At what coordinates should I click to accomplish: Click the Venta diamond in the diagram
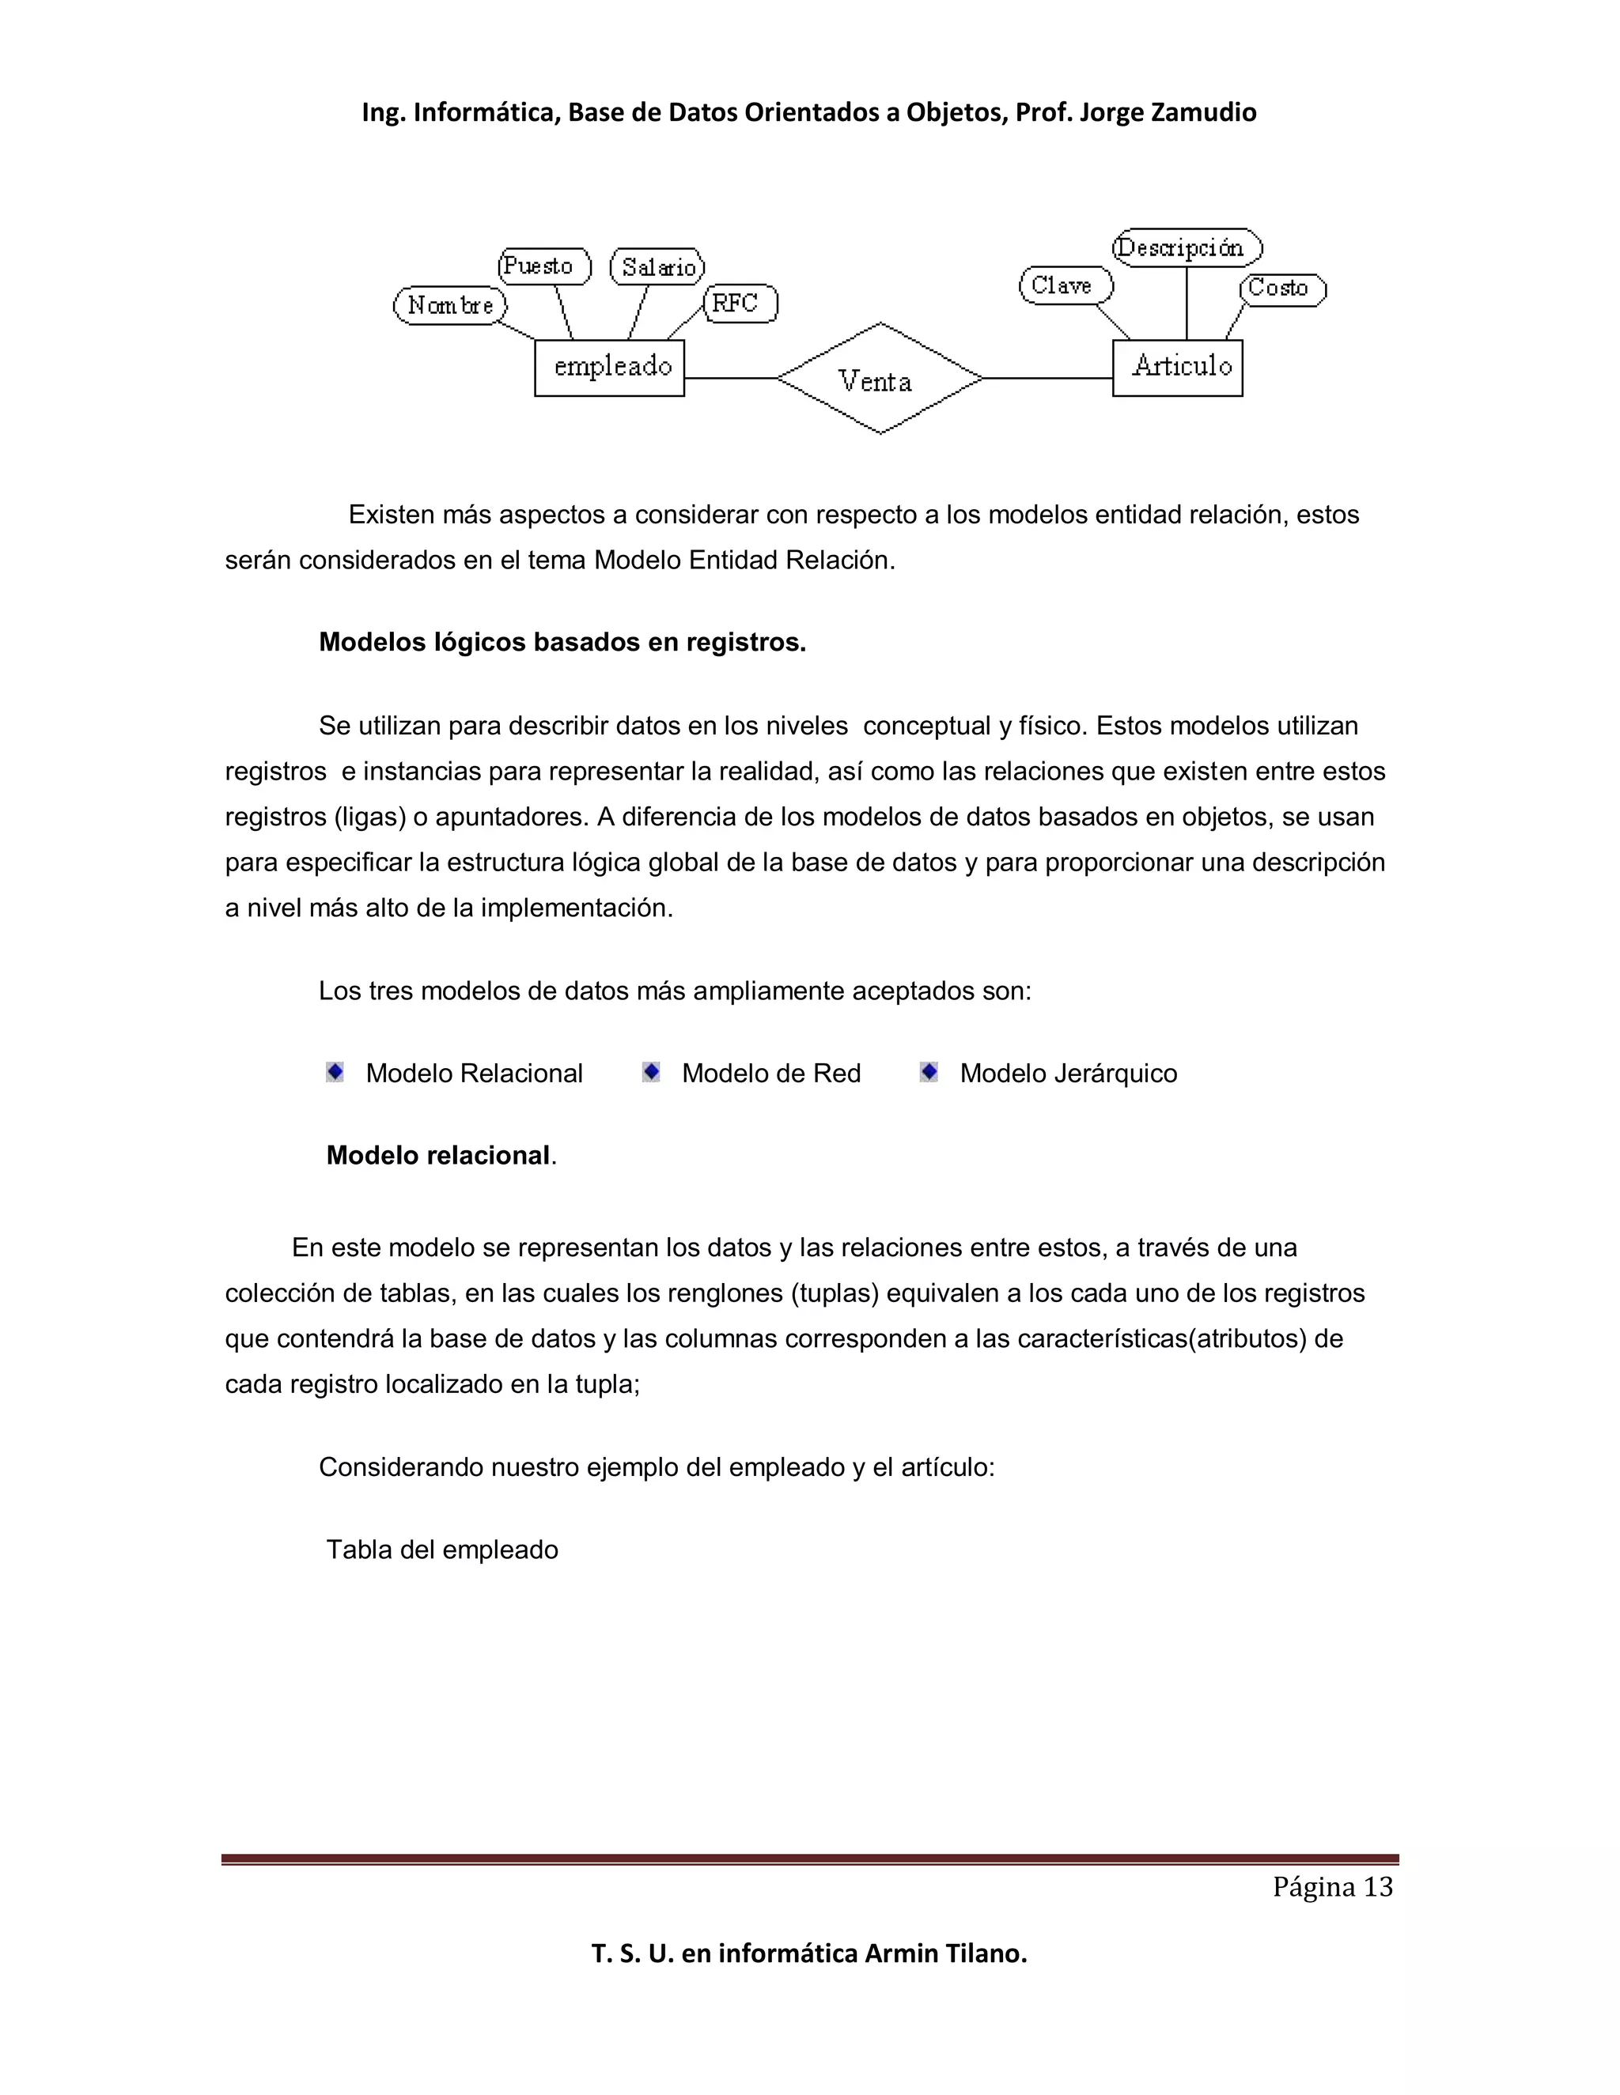pyautogui.click(x=879, y=379)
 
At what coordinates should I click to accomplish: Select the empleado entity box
pyautogui.click(x=609, y=368)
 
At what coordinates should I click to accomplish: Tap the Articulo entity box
pyautogui.click(x=1178, y=368)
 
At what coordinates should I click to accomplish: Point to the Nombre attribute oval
pyautogui.click(x=450, y=305)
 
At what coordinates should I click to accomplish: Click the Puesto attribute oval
pyautogui.click(x=543, y=266)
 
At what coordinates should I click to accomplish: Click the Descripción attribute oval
pyautogui.click(x=1187, y=247)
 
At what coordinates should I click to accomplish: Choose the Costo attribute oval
pyautogui.click(x=1282, y=288)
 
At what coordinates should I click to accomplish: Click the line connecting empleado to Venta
pyautogui.click(x=729, y=378)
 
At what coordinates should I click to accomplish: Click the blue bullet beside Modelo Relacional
pyautogui.click(x=335, y=1071)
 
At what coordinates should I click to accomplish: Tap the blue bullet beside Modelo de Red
pyautogui.click(x=651, y=1071)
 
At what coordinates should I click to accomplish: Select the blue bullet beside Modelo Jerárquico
pyautogui.click(x=929, y=1071)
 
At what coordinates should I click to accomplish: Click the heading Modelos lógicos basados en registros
pyautogui.click(x=562, y=642)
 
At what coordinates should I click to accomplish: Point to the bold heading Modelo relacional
pyautogui.click(x=438, y=1155)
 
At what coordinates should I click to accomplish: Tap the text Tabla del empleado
pyautogui.click(x=442, y=1550)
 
